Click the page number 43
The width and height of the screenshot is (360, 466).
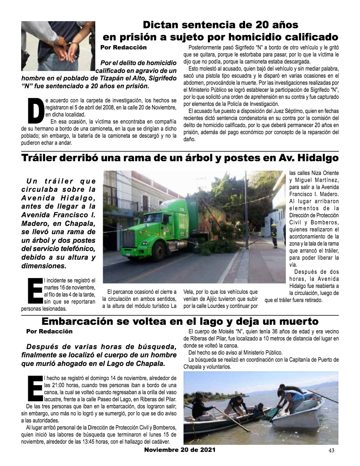pyautogui.click(x=331, y=450)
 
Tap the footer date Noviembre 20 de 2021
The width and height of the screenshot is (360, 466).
pyautogui.click(x=180, y=450)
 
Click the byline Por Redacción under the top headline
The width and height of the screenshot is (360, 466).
pyautogui.click(x=124, y=47)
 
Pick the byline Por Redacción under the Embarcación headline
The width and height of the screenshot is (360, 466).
pyautogui.click(x=49, y=331)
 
